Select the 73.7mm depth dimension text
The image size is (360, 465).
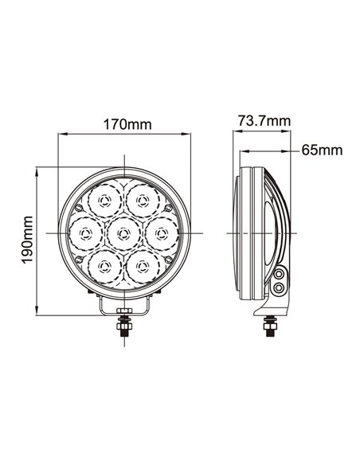click(x=264, y=120)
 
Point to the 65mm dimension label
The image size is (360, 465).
click(x=322, y=150)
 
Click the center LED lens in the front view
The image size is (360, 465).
click(x=123, y=232)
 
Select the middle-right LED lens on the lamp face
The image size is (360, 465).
click(x=162, y=232)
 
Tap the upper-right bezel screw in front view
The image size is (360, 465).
click(x=168, y=206)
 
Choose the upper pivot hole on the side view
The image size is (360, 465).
click(x=280, y=274)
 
